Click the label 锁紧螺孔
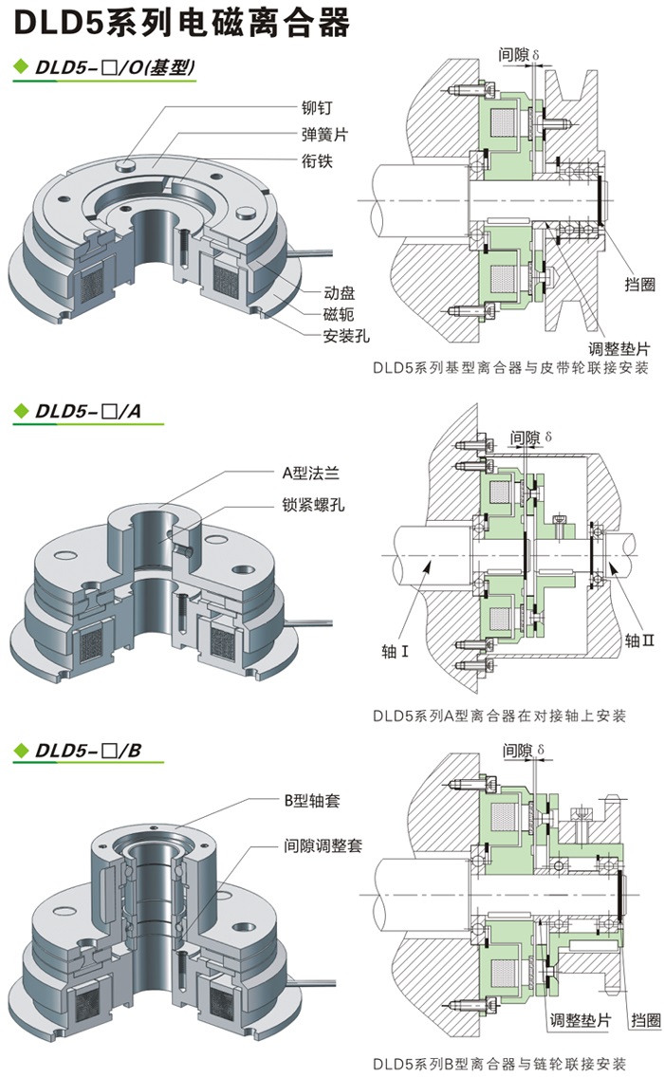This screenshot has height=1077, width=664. (314, 504)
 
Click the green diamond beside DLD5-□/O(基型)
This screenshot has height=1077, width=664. (20, 67)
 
